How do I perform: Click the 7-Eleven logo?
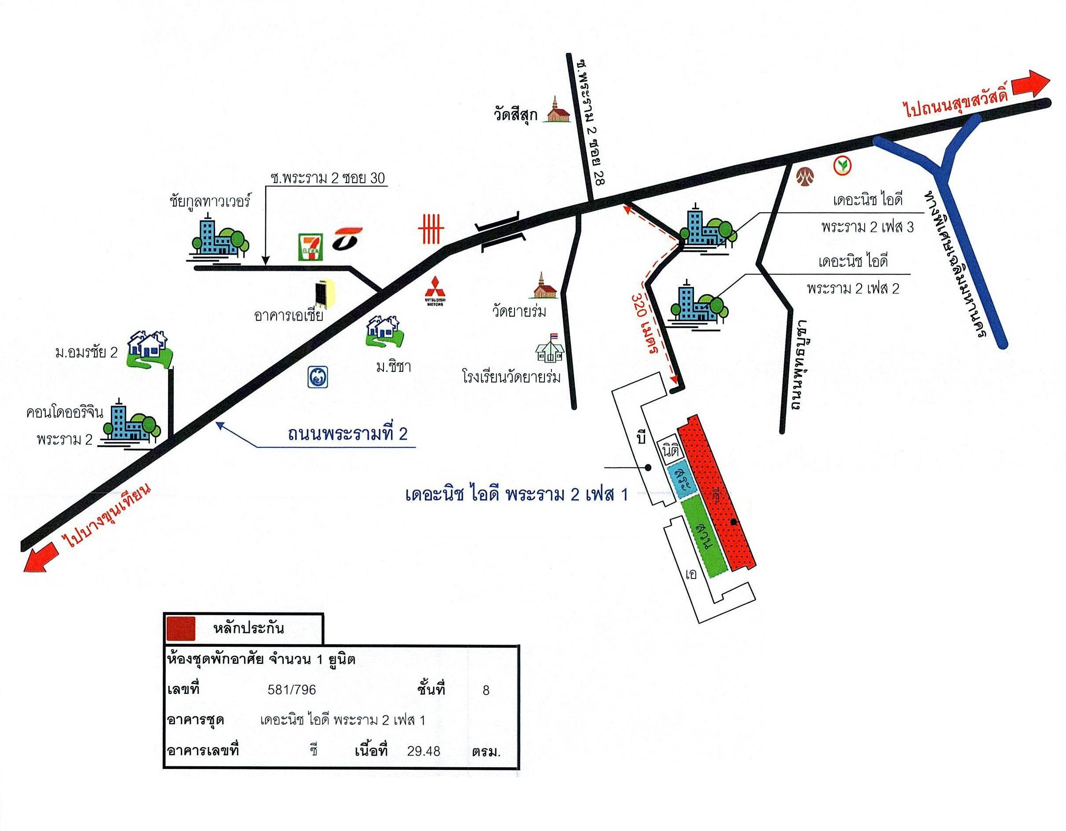(310, 246)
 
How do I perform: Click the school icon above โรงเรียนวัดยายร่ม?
(550, 348)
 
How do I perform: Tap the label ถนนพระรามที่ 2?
(347, 434)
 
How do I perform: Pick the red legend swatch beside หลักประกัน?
(181, 628)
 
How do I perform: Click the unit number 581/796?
(292, 690)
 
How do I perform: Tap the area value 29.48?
(423, 751)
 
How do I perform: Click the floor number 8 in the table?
(486, 690)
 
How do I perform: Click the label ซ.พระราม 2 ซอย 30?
(328, 178)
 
